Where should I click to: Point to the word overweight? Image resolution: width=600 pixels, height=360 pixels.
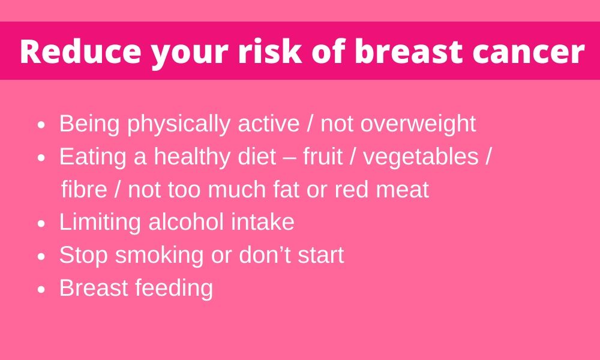click(x=418, y=124)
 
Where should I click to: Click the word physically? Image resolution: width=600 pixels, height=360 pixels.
click(x=179, y=124)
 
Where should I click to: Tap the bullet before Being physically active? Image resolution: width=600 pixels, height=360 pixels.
click(x=42, y=125)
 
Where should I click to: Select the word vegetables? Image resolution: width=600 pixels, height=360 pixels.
click(x=421, y=157)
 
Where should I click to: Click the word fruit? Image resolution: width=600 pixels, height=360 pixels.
click(x=323, y=156)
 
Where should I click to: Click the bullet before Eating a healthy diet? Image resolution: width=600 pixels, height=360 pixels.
click(x=42, y=158)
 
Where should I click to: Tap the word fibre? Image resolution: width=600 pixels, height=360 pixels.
click(x=84, y=189)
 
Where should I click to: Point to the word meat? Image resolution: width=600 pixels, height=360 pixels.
click(x=403, y=190)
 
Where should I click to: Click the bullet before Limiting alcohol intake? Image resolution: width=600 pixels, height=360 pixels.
click(x=42, y=224)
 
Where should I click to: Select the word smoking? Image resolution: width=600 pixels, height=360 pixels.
click(x=159, y=255)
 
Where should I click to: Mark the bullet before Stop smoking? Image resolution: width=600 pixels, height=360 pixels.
click(x=42, y=257)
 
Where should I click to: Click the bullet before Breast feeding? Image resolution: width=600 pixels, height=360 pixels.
click(x=42, y=290)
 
